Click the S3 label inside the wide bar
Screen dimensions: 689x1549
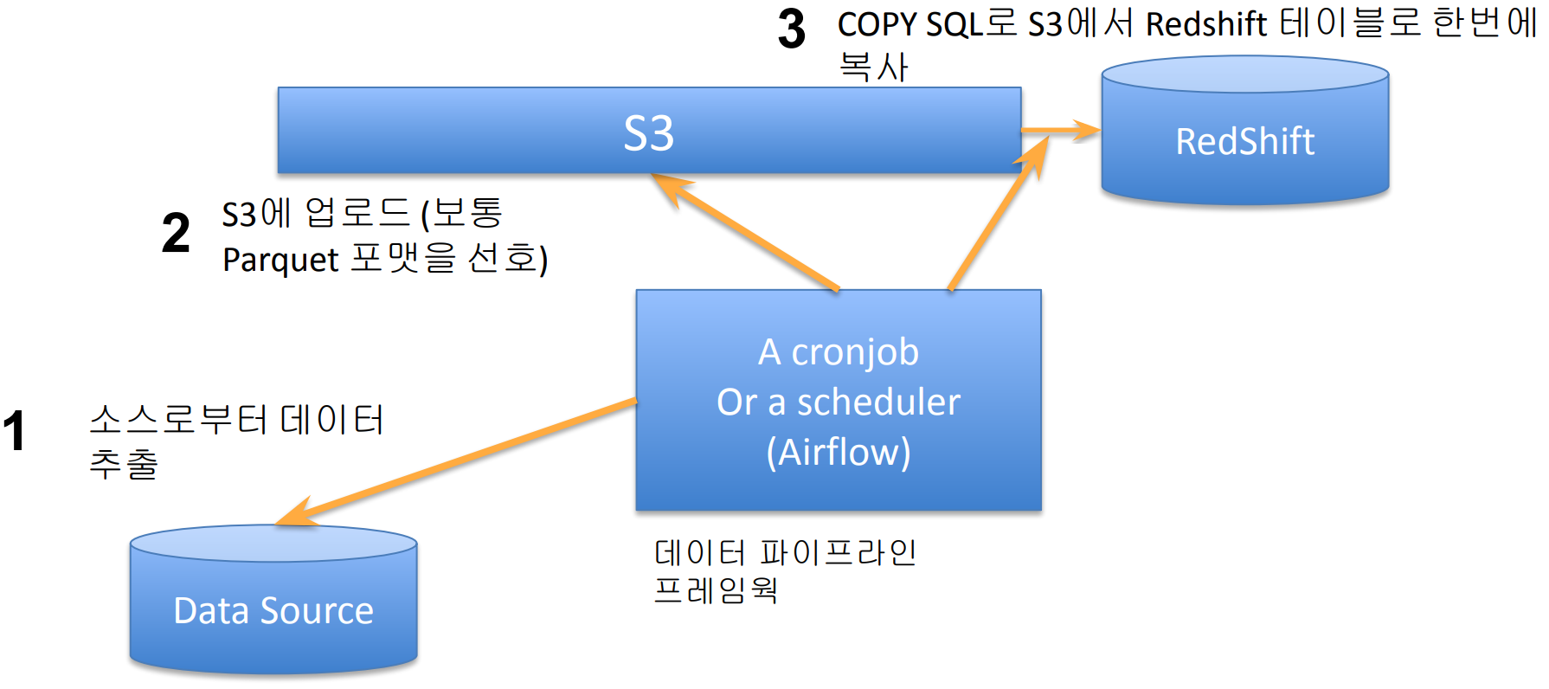pyautogui.click(x=648, y=133)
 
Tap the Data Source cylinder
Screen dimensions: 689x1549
pyautogui.click(x=273, y=609)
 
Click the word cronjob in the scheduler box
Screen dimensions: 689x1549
pyautogui.click(x=855, y=352)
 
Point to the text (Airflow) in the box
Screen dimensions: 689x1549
pyautogui.click(x=838, y=452)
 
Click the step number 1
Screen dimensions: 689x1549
pyautogui.click(x=15, y=431)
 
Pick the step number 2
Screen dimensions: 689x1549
pyautogui.click(x=176, y=234)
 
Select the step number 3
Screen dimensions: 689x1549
pyautogui.click(x=791, y=29)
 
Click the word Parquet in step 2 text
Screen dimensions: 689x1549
pyautogui.click(x=280, y=260)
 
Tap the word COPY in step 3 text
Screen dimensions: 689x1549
pyautogui.click(x=876, y=24)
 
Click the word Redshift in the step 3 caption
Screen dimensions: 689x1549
pyautogui.click(x=1206, y=24)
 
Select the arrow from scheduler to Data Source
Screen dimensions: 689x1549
pyautogui.click(x=459, y=462)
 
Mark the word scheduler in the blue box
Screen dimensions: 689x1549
pyautogui.click(x=877, y=402)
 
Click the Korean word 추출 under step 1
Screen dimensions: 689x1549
pyautogui.click(x=124, y=464)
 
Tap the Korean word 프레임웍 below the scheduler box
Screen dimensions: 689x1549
pyautogui.click(x=716, y=589)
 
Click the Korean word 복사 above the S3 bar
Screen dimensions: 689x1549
pyautogui.click(x=873, y=68)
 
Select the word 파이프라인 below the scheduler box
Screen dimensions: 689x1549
pyautogui.click(x=838, y=551)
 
